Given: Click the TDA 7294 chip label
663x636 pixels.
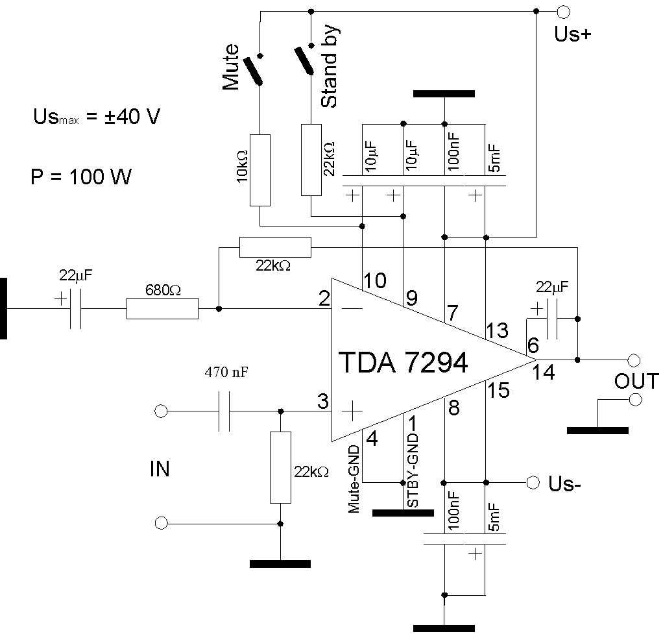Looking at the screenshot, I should (x=403, y=363).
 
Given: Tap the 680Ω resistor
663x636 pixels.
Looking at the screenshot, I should (x=162, y=309).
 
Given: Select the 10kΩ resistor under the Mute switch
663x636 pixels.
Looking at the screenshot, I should (x=259, y=170).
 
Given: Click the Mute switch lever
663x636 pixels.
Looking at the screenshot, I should (x=252, y=71).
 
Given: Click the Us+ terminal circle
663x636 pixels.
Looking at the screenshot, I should (x=563, y=12).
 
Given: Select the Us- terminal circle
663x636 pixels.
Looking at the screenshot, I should (x=533, y=482).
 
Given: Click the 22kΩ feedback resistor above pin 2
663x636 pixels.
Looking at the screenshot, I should (x=275, y=247).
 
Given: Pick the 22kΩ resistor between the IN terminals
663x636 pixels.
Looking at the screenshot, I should (x=280, y=467).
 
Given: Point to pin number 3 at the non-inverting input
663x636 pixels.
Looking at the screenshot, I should (x=322, y=402).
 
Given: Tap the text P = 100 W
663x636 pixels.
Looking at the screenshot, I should (x=80, y=177).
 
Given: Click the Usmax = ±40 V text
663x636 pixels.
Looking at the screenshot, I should (x=97, y=117).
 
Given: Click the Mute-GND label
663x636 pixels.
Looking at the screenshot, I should (x=354, y=479).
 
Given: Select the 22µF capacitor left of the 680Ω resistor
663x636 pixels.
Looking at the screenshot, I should (x=75, y=310).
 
